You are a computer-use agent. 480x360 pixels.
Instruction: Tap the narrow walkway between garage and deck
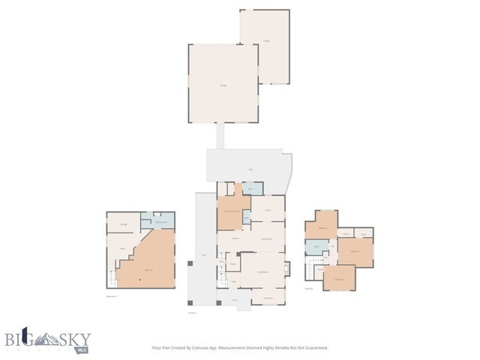point(220,136)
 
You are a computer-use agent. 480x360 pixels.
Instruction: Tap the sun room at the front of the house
point(267,298)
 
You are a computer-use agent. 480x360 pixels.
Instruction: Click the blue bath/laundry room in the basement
point(159,221)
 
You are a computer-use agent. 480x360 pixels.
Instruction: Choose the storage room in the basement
point(124,223)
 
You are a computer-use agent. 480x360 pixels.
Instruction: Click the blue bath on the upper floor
point(316,247)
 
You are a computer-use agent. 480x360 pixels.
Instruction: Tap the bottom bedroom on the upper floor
point(339,278)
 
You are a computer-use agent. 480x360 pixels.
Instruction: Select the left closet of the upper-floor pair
point(346,232)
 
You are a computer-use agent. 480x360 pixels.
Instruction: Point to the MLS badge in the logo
point(82,349)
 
